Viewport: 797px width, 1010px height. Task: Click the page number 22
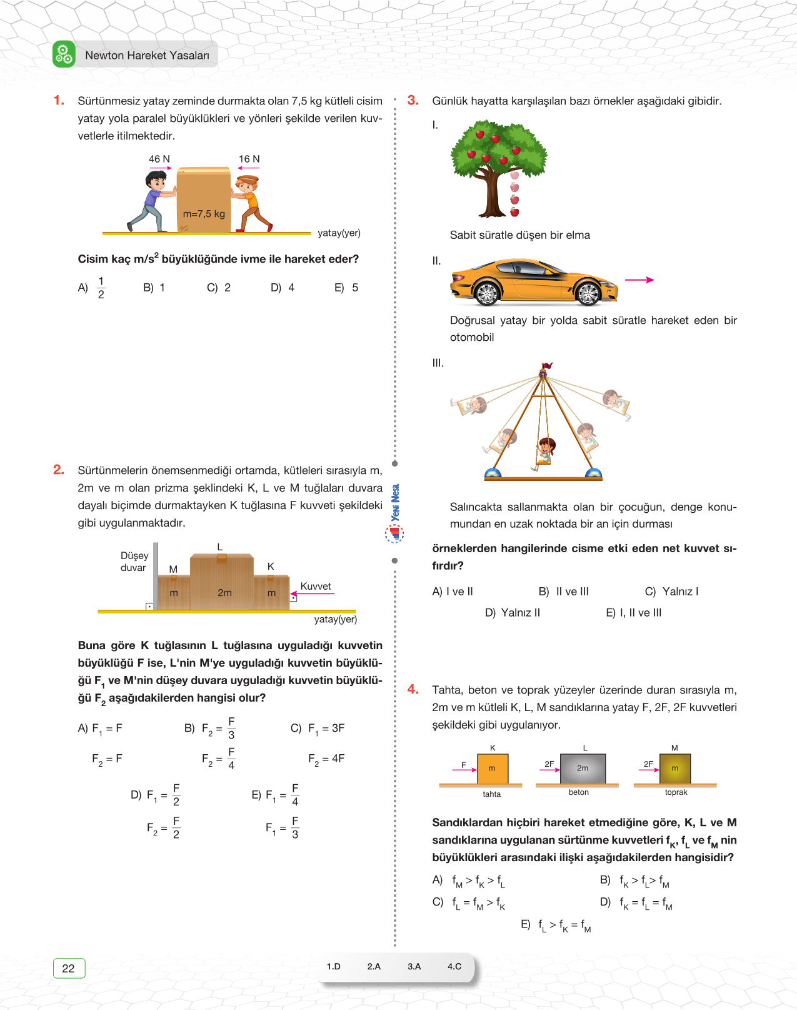[x=69, y=968]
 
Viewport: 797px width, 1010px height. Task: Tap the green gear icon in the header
[x=64, y=54]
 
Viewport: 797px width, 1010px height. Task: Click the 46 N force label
[x=159, y=159]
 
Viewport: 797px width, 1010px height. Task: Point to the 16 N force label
[x=249, y=159]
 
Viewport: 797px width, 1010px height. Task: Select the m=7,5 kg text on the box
[x=204, y=214]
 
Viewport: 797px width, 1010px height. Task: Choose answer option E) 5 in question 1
[x=346, y=288]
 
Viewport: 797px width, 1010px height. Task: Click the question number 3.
[x=413, y=100]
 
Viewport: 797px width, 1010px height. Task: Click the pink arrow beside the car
[x=639, y=280]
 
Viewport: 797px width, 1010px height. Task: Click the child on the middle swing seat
[x=545, y=450]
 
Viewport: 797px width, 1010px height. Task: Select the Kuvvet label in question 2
[x=316, y=586]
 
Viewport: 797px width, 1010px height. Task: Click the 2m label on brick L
[x=224, y=593]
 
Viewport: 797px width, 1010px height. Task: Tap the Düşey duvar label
[x=134, y=562]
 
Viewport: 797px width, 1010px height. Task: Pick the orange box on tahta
[x=493, y=769]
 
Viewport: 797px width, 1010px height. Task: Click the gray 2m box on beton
[x=582, y=769]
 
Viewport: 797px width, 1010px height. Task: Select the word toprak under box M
[x=676, y=792]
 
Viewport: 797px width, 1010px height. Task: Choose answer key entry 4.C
[x=454, y=966]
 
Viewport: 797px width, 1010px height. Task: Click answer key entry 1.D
[x=334, y=966]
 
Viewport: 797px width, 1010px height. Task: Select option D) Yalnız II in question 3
[x=513, y=613]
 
